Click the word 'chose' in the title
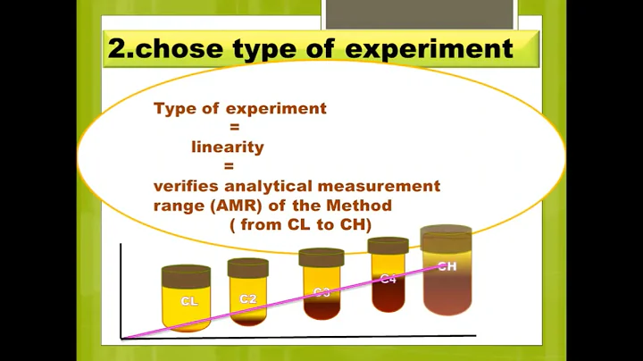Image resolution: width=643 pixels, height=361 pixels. pos(179,48)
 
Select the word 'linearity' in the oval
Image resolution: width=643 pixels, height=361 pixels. pos(228,147)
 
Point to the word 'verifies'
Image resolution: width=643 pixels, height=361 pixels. pos(184,186)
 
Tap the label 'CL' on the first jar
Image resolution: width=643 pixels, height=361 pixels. pos(189,301)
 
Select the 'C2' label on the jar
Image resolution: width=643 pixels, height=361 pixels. pos(248,298)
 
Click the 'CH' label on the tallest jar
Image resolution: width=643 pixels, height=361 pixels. pos(447,266)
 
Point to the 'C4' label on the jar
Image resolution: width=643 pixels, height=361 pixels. pos(388,279)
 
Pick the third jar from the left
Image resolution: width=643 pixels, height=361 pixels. pos(321,286)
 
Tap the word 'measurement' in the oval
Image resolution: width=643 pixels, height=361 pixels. pos(389,186)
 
